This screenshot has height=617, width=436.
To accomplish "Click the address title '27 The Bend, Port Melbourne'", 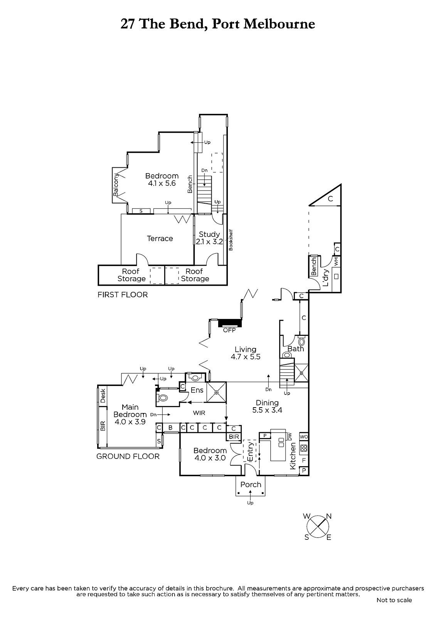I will (x=218, y=24).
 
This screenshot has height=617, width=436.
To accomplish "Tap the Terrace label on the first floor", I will (x=160, y=239).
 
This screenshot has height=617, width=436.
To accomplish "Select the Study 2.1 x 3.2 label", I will (x=209, y=238).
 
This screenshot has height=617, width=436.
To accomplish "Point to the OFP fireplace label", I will (x=229, y=330).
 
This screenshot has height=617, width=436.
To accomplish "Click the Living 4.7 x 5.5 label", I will (x=246, y=353).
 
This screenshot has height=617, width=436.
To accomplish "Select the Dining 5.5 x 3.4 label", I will (x=267, y=406).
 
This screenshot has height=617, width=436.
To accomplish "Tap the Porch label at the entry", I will (x=251, y=484).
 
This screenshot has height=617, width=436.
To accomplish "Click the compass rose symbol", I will (x=318, y=526).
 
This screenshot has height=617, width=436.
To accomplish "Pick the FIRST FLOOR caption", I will (x=123, y=295).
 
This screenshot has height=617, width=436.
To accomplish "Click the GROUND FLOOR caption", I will (x=128, y=456).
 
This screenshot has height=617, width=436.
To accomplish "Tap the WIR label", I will (x=199, y=413).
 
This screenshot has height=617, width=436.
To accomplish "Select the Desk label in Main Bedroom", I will (x=103, y=396).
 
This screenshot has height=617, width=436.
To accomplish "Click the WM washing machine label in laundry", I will (x=336, y=262).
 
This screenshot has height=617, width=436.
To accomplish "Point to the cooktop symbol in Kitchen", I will (x=303, y=448).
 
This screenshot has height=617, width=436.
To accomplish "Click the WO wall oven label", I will (x=303, y=437).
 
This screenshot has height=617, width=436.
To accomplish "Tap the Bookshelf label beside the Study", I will (x=231, y=240).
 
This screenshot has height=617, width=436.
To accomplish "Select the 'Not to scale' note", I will (x=394, y=600).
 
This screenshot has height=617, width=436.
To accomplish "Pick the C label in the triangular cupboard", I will (x=330, y=199).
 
